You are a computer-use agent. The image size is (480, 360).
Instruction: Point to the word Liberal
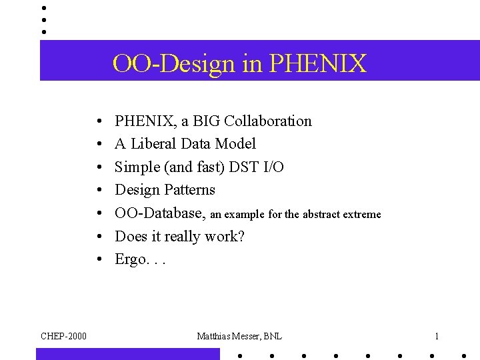155,144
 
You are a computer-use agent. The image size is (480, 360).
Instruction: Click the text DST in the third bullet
243,167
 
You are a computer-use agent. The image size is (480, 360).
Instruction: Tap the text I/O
272,167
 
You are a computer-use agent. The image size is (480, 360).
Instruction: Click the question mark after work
241,237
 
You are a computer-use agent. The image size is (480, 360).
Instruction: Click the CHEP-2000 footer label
63,336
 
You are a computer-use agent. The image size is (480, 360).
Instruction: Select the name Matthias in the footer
213,336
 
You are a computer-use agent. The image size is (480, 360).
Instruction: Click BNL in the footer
271,336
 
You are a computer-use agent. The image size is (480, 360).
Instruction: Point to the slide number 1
437,336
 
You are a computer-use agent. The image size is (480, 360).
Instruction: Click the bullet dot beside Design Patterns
98,191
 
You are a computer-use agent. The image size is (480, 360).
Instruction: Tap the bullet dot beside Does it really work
98,237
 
